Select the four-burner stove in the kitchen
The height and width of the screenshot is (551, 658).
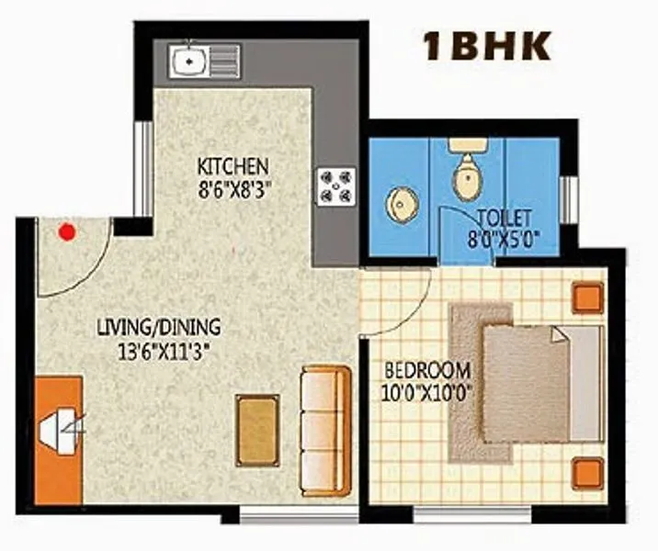(x=334, y=185)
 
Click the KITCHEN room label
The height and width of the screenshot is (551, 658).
(x=233, y=167)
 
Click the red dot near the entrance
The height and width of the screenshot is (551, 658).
(x=66, y=232)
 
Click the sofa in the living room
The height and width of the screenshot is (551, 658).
(x=325, y=430)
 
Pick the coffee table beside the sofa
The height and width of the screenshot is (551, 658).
(x=257, y=430)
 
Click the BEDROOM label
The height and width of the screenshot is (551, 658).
(x=426, y=372)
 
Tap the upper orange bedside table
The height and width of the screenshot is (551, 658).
(x=586, y=298)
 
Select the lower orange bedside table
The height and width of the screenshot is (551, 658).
(x=586, y=472)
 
